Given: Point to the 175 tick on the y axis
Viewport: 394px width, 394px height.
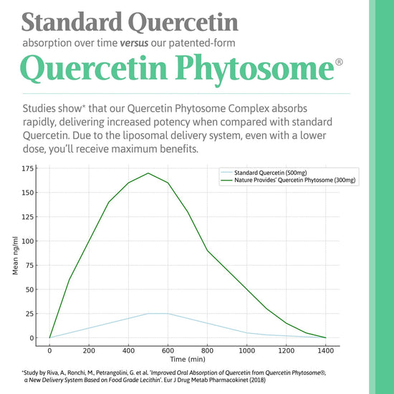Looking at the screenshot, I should point(27,168).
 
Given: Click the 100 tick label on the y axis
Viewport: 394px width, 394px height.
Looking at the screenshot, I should point(27,241).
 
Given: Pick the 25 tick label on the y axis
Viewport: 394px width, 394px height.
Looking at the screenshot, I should point(29,314).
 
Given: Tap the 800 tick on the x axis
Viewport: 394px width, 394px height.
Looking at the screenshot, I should point(208,351).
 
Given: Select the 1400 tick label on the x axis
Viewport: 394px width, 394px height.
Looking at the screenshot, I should point(326,351).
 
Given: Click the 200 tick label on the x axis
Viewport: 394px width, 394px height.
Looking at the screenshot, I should point(90,351).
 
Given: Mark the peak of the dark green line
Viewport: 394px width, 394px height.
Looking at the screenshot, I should point(148,173).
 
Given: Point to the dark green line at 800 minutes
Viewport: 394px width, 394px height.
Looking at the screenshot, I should point(208,251).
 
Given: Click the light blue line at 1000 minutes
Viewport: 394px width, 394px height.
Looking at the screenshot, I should point(247,333).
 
